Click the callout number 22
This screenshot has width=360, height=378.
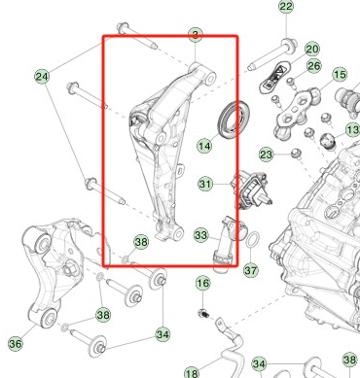(286, 7)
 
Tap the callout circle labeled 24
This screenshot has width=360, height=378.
(42, 76)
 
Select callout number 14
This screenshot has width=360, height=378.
(204, 147)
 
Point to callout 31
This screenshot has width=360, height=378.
(205, 184)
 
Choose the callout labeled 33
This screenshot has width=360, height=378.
(200, 234)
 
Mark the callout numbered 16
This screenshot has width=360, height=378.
(202, 284)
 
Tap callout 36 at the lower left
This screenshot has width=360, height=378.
(16, 343)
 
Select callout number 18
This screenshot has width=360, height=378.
(192, 372)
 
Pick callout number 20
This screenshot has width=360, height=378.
(311, 49)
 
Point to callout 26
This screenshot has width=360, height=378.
(314, 66)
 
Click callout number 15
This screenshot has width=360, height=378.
(340, 75)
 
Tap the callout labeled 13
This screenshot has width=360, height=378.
(352, 129)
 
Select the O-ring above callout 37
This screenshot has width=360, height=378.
(250, 240)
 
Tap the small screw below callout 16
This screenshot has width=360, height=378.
(203, 313)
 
